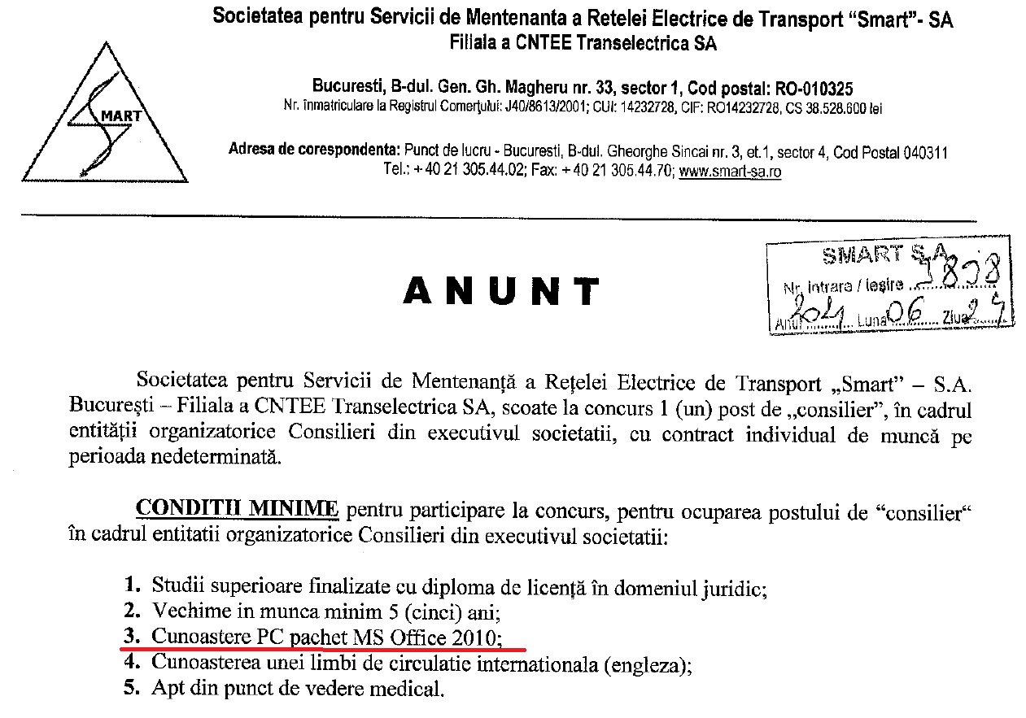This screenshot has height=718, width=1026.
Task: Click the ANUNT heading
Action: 500,290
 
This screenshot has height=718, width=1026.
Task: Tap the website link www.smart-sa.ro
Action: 730,172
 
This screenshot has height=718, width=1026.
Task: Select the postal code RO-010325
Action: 798,87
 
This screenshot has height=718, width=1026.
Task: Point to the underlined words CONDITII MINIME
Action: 237,508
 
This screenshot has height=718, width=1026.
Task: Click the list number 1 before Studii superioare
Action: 130,584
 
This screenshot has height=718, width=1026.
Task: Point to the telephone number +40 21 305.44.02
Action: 467,172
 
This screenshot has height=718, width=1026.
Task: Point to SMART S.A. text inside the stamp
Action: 879,255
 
